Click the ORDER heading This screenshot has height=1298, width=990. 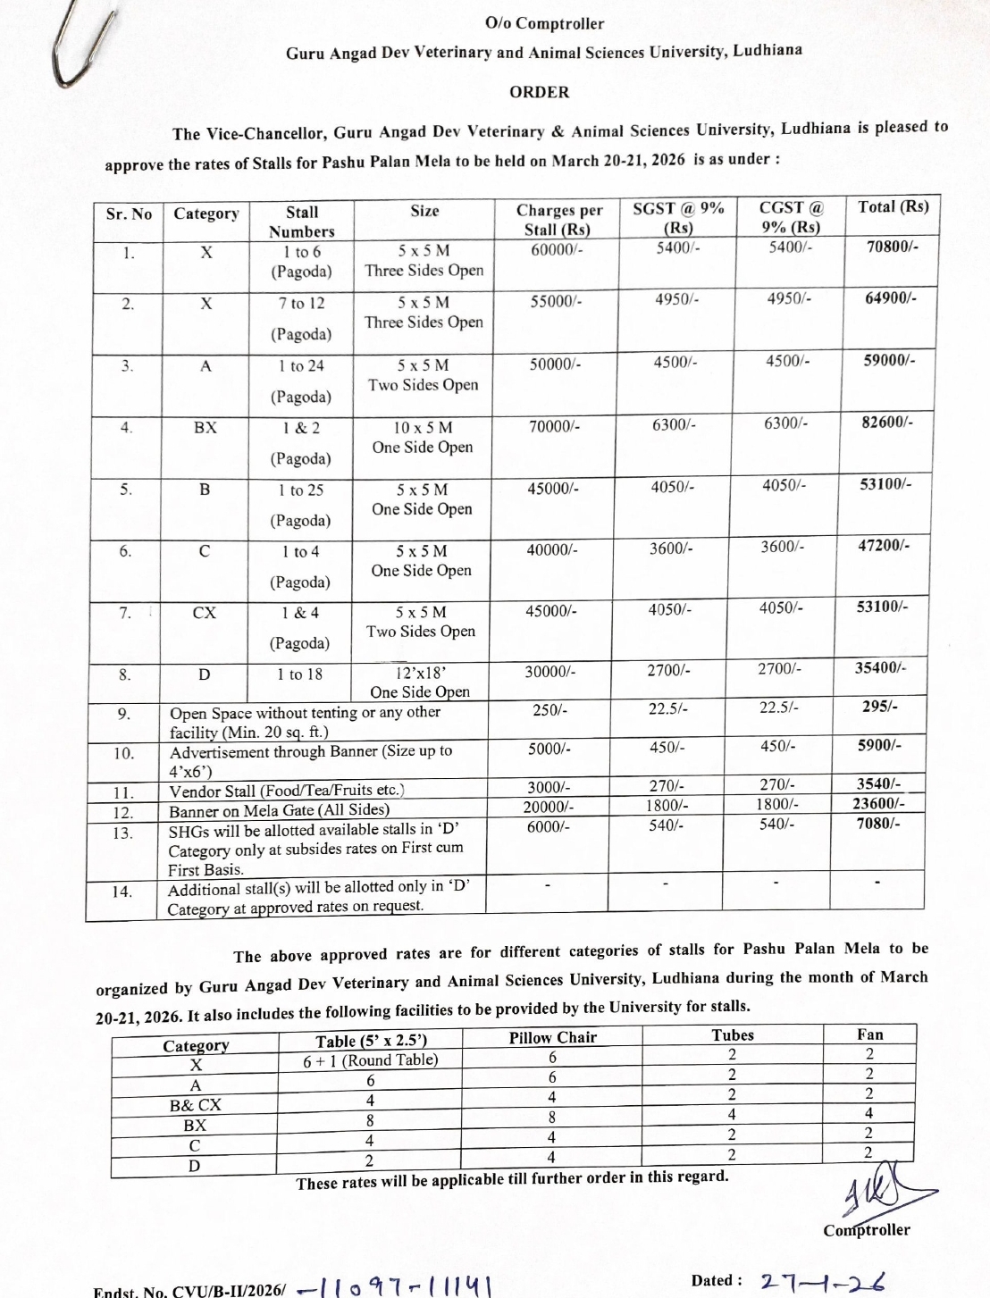(x=539, y=92)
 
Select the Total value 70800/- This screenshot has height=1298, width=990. (x=892, y=246)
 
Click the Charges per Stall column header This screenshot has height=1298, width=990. (x=559, y=220)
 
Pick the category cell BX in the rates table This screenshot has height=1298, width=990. (x=206, y=427)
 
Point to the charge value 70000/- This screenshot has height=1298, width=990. (x=554, y=427)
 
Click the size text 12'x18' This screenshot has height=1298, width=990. (x=420, y=674)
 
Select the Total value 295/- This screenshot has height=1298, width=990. (x=880, y=706)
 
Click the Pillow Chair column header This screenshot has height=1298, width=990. (x=552, y=1037)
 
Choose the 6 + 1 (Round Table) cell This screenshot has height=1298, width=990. (x=370, y=1059)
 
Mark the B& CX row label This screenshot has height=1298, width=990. (x=195, y=1105)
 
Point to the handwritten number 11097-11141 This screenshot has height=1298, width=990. (x=398, y=1287)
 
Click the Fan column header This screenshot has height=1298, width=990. (x=869, y=1034)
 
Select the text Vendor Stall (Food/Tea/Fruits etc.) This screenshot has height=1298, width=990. (x=287, y=791)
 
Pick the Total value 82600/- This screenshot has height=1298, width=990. (x=886, y=421)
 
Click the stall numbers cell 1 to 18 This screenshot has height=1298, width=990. (x=301, y=674)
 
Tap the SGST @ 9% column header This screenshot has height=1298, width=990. (x=678, y=216)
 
